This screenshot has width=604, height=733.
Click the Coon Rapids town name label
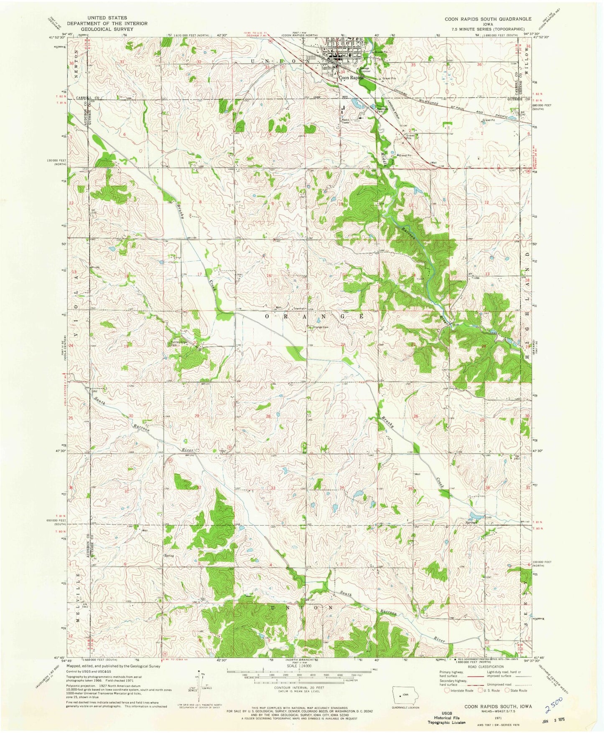click(350, 77)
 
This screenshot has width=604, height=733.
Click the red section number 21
click(269, 343)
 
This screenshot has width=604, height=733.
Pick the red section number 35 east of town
click(413, 65)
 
